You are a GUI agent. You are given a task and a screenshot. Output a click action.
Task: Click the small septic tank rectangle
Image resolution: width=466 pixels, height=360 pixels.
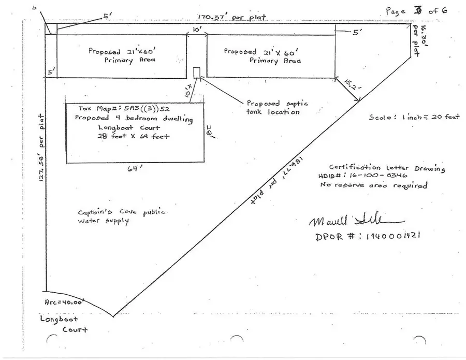pyautogui.click(x=197, y=71)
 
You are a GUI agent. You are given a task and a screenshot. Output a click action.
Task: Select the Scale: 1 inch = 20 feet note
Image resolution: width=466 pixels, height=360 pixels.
pyautogui.click(x=414, y=117)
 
